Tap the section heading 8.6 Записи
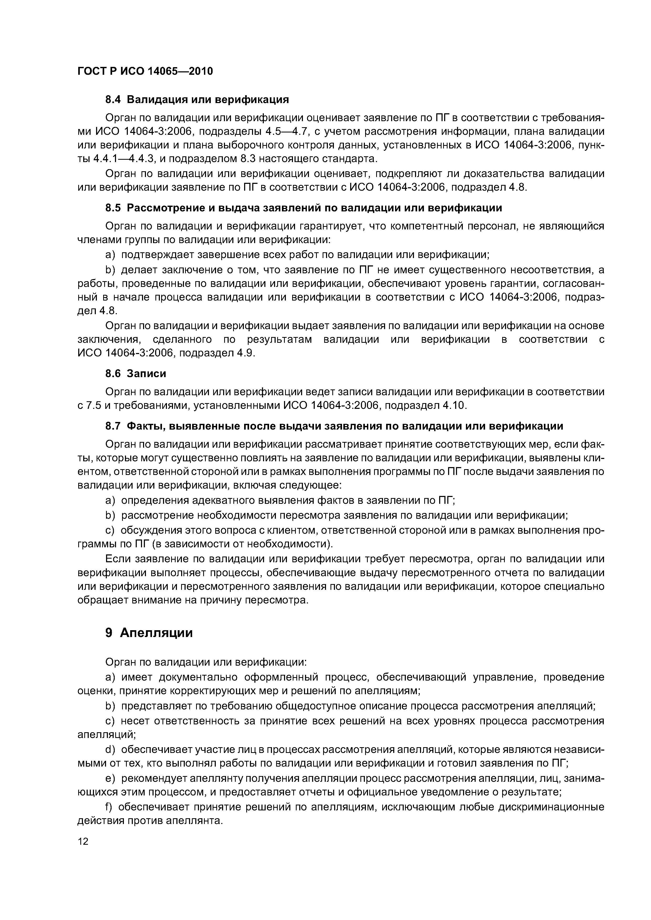tap(135, 373)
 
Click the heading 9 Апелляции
tap(149, 633)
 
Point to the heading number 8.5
tap(113, 208)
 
